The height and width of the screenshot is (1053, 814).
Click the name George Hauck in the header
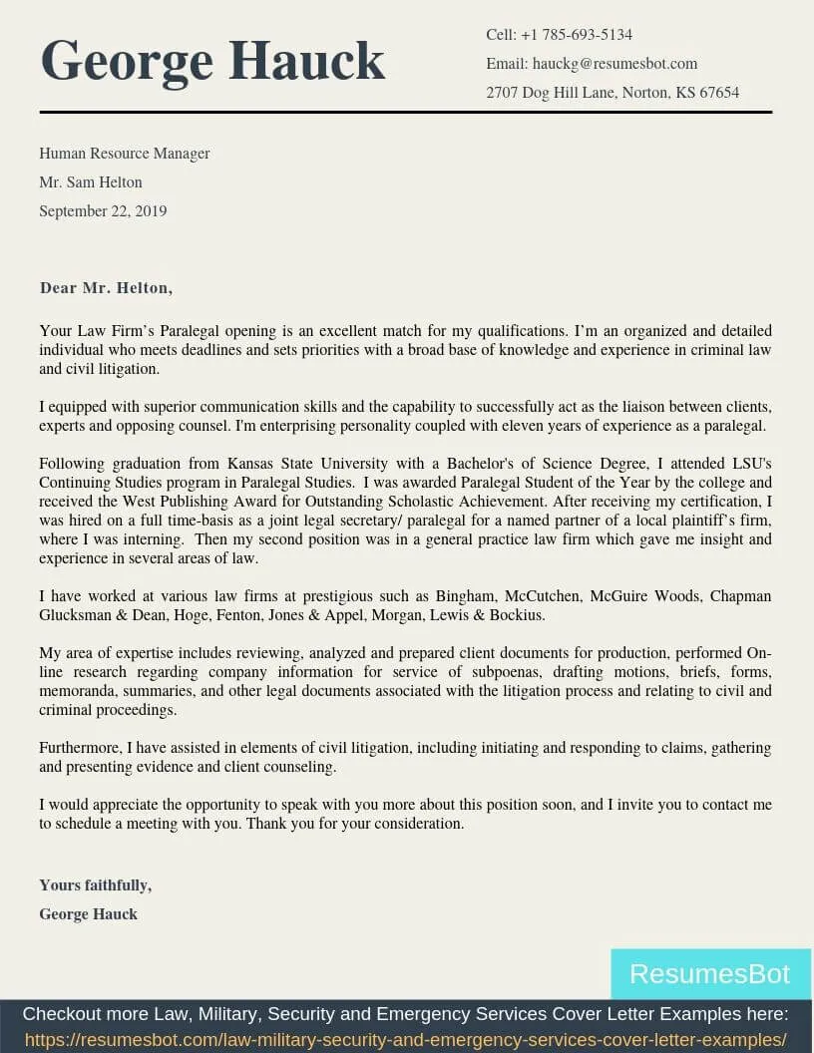(212, 61)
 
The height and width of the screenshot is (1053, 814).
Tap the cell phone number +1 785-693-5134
(577, 35)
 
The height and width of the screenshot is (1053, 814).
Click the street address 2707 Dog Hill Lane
(552, 93)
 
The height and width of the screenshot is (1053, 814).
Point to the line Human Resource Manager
(125, 154)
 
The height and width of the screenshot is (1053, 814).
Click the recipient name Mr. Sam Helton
(91, 182)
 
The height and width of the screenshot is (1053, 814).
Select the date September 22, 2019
(103, 211)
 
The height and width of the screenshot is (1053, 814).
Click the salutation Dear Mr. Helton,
(106, 288)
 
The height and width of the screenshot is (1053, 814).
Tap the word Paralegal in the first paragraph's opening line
(190, 331)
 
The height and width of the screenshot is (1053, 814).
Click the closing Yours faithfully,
(95, 885)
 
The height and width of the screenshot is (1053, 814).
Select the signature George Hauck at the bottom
(88, 914)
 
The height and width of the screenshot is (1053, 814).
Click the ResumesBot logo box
(709, 974)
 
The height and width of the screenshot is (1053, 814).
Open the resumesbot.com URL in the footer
(405, 1040)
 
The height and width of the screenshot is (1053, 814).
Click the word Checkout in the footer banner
(63, 1015)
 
